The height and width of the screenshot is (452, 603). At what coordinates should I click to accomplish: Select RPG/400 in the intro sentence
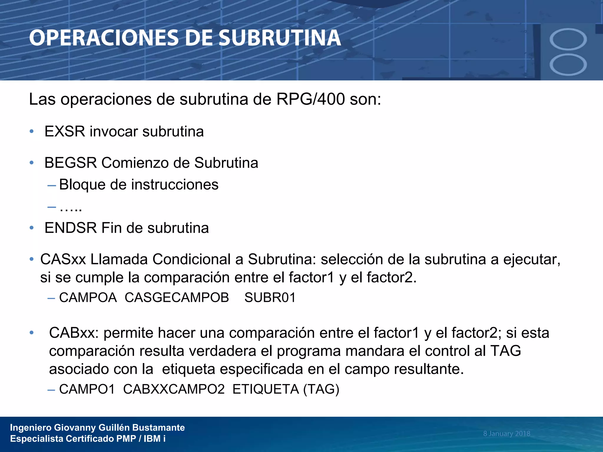click(310, 99)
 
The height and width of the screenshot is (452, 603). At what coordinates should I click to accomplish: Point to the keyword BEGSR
click(71, 163)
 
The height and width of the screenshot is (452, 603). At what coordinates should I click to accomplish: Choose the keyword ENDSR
click(71, 228)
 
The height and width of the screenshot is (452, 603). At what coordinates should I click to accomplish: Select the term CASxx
click(63, 259)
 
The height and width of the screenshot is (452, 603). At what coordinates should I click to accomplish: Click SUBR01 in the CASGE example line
click(270, 298)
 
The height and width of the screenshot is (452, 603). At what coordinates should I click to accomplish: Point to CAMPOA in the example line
click(88, 298)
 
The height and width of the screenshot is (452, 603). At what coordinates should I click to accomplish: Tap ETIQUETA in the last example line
click(266, 389)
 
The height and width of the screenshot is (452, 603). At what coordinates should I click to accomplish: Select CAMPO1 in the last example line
click(87, 389)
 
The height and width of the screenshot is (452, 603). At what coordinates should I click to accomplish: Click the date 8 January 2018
click(506, 433)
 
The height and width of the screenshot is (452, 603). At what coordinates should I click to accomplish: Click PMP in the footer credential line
click(126, 439)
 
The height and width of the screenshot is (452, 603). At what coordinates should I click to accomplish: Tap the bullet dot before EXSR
click(32, 131)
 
